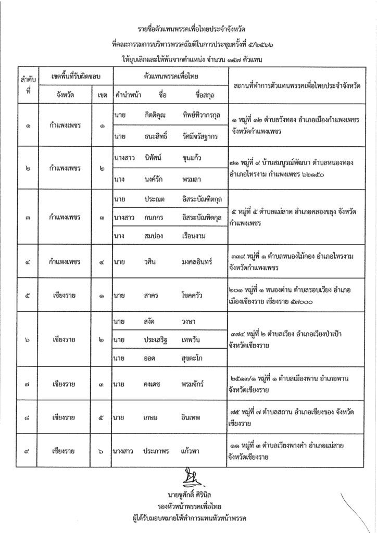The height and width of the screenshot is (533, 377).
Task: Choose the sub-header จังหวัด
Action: click(x=66, y=96)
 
